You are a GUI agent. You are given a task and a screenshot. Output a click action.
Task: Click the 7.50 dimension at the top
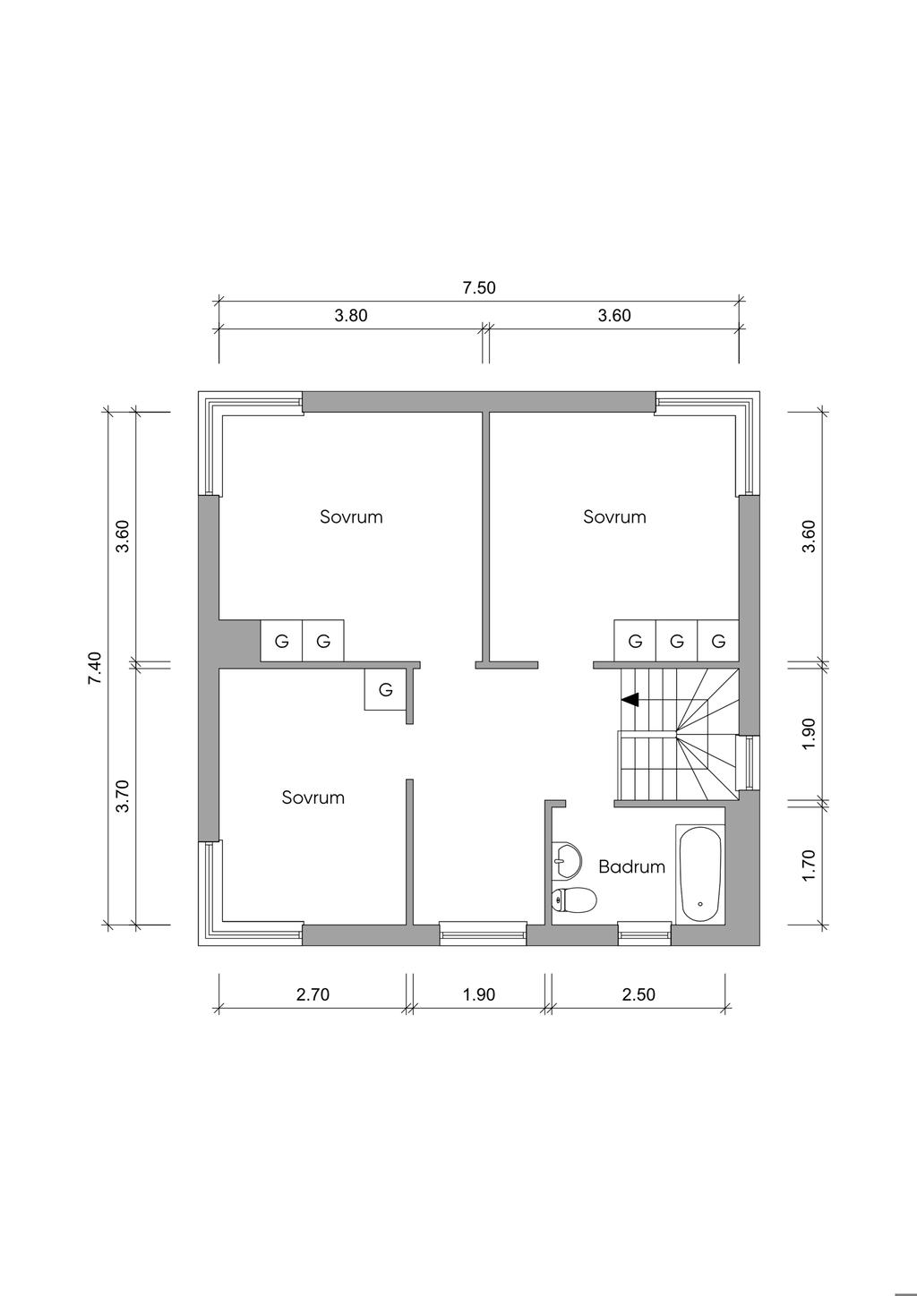click(x=479, y=287)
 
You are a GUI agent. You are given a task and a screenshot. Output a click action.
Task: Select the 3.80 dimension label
click(x=351, y=315)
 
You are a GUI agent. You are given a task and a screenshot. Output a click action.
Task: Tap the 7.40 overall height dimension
click(x=95, y=669)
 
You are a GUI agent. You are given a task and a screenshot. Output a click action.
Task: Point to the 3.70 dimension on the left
click(x=123, y=796)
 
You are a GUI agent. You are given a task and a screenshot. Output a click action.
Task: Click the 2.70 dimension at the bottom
click(x=313, y=994)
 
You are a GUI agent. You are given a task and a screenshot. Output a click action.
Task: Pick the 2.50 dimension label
click(x=638, y=994)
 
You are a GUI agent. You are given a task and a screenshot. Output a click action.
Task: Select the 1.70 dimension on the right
click(x=810, y=865)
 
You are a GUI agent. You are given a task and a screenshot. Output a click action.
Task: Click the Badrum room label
click(x=631, y=866)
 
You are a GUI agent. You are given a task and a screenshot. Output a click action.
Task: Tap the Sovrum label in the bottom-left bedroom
click(x=313, y=797)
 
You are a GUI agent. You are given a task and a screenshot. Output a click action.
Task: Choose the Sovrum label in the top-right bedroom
click(x=614, y=516)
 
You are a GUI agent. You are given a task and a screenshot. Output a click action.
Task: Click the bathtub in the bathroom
click(x=700, y=874)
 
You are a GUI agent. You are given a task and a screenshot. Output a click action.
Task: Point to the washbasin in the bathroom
click(x=566, y=859)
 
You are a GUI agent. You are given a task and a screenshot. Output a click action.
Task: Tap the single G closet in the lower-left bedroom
click(x=385, y=690)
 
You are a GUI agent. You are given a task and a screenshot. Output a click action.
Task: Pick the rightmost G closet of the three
click(x=718, y=641)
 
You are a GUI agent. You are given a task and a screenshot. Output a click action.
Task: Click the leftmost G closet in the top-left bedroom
click(x=281, y=641)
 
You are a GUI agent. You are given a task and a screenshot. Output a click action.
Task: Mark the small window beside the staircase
click(x=747, y=762)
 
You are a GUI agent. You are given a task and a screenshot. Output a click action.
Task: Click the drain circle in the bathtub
click(x=700, y=904)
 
